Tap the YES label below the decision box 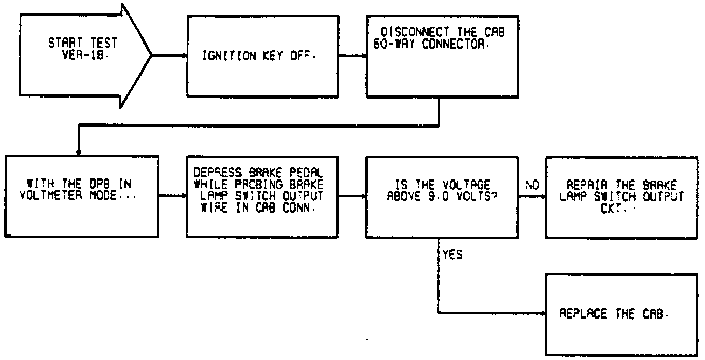pyautogui.click(x=453, y=256)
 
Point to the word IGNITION pyautogui.click(x=224, y=56)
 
